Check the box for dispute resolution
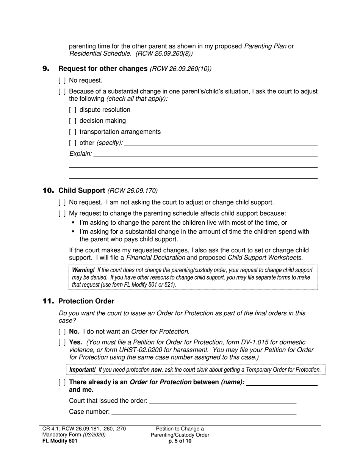click(x=73, y=110)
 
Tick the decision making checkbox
click(x=73, y=121)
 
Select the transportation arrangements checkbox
click(x=73, y=132)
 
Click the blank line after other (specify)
click(x=221, y=143)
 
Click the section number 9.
click(x=46, y=69)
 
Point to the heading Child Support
click(x=81, y=191)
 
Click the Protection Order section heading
click(x=86, y=301)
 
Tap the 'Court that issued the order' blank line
click(x=223, y=400)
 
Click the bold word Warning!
click(x=83, y=270)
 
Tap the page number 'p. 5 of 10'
click(x=180, y=441)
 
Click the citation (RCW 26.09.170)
click(x=133, y=191)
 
